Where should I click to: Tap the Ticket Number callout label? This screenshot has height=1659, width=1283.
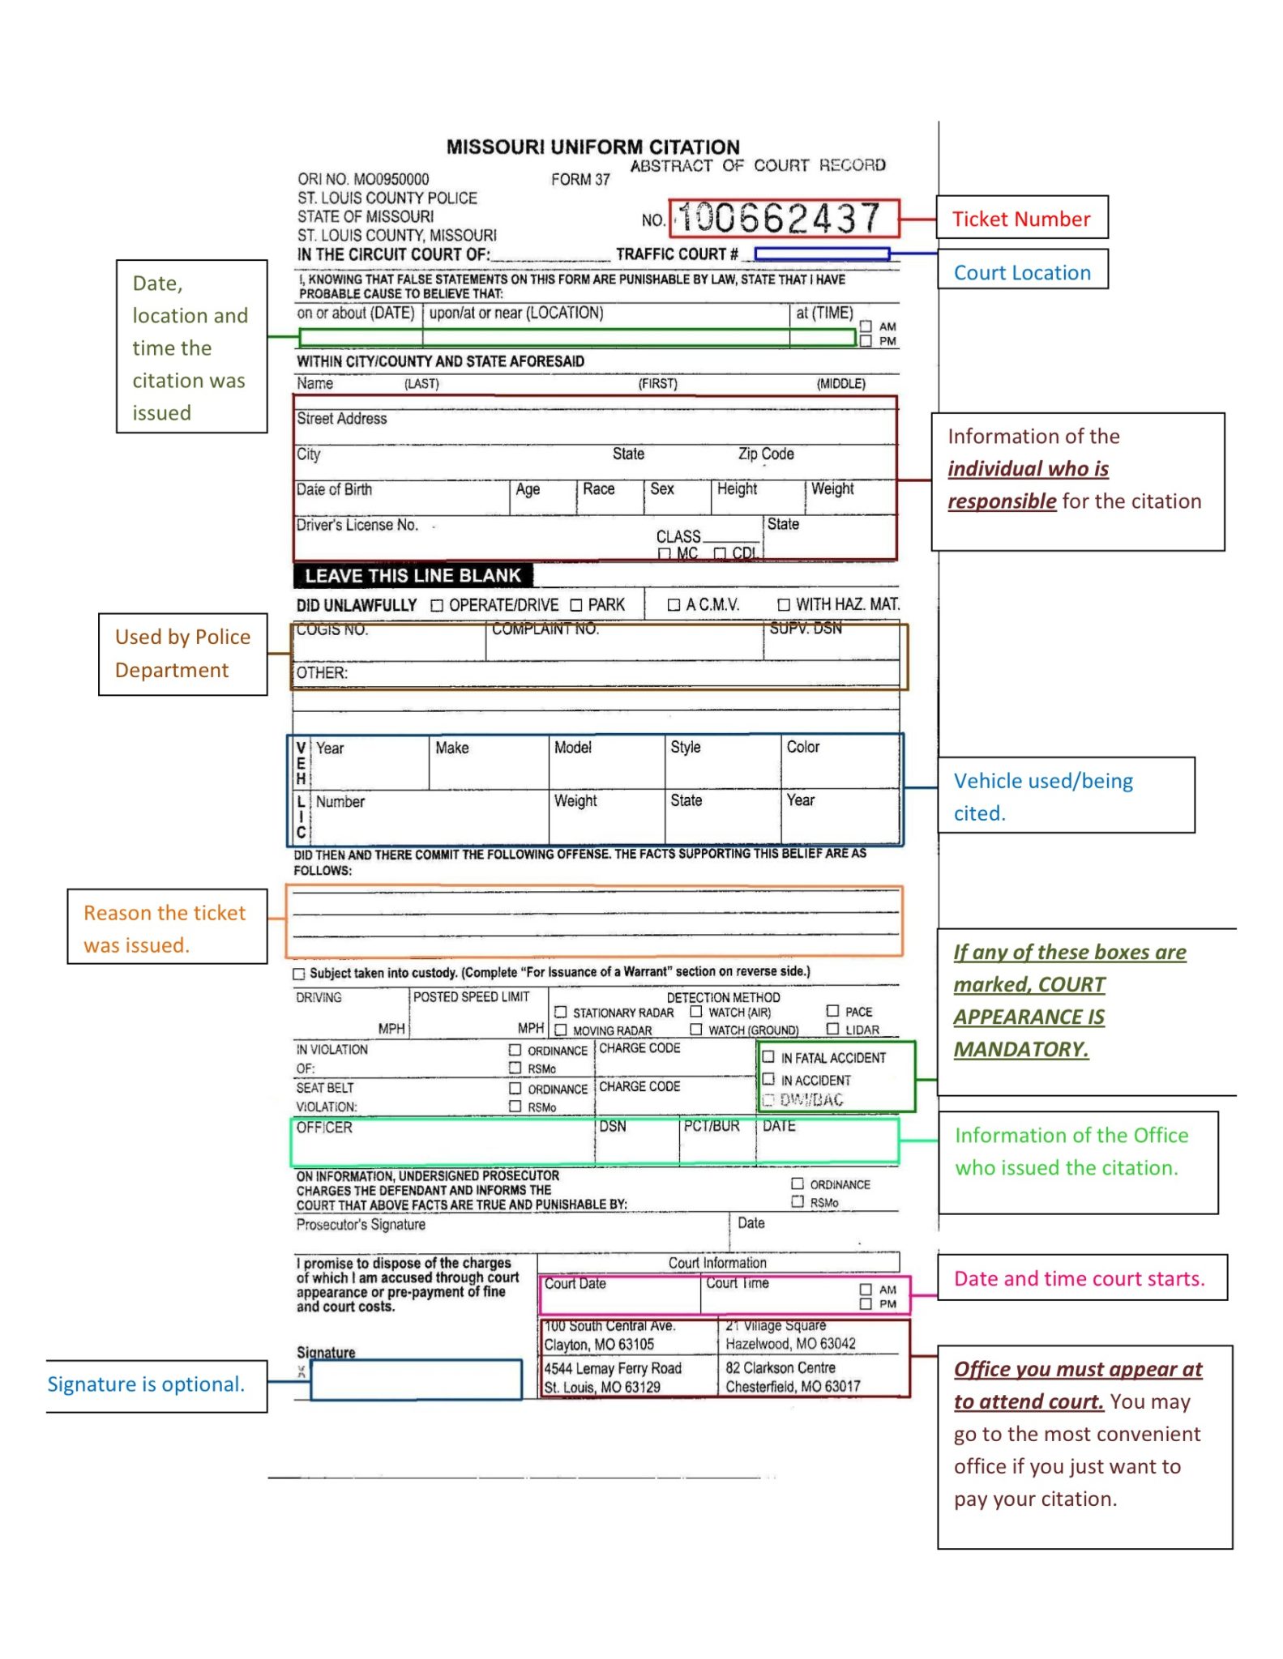(x=1020, y=219)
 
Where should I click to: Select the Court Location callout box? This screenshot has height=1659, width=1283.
(x=1021, y=272)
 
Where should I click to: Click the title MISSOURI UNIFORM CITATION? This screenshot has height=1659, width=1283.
(x=592, y=147)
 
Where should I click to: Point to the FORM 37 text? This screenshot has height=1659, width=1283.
(x=579, y=180)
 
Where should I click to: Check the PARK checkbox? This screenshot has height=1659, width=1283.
(x=576, y=605)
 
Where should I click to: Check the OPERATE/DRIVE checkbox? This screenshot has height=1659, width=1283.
(x=437, y=605)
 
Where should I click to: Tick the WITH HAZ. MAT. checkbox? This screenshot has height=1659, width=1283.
(x=784, y=604)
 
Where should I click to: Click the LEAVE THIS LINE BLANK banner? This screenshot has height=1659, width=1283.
(x=413, y=576)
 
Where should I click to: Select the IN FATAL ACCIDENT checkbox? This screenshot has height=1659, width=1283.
(x=768, y=1056)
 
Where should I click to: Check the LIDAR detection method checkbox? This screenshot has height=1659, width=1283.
(x=832, y=1029)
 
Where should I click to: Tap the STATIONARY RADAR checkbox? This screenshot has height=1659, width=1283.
(x=561, y=1012)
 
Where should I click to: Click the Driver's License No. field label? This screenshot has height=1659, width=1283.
(x=357, y=525)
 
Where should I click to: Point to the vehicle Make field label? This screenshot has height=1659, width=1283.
(x=451, y=748)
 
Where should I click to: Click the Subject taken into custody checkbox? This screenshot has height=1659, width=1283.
(x=299, y=974)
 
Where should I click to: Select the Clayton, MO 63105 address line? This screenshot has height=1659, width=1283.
(x=599, y=1345)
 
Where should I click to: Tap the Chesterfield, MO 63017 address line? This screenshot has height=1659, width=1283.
(x=792, y=1386)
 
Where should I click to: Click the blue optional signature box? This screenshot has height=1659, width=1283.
(x=416, y=1380)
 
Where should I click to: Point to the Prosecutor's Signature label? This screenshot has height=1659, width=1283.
(x=361, y=1224)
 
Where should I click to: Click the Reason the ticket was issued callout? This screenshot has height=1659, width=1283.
(x=166, y=928)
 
